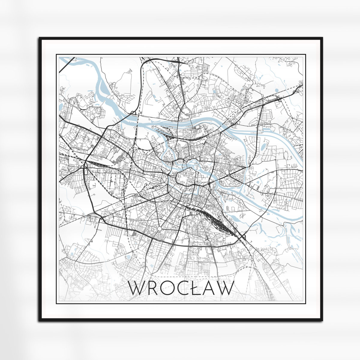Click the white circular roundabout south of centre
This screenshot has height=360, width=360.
159,229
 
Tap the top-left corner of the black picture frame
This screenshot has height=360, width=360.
40,38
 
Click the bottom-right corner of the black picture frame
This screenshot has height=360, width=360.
322,320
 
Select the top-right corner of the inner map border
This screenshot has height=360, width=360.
305,55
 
